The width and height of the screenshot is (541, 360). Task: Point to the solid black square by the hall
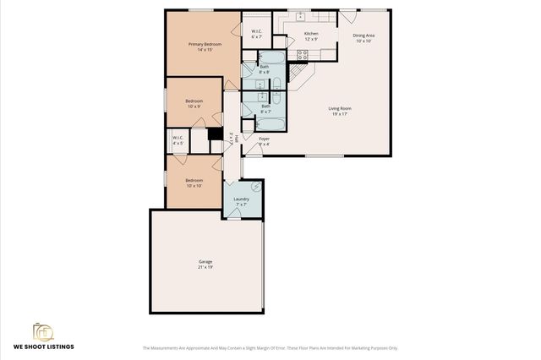(x=215, y=134)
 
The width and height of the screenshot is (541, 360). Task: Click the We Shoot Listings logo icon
(x=41, y=330)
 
